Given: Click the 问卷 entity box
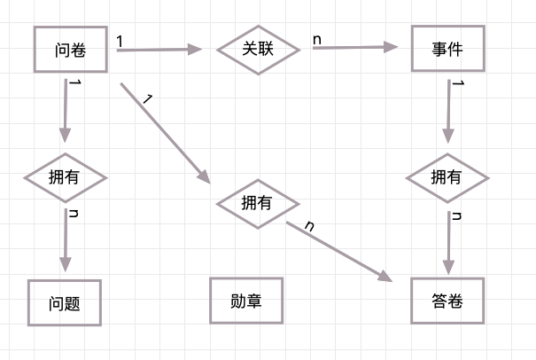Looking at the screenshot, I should coord(70,49).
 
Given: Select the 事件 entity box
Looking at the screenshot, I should coord(449,49).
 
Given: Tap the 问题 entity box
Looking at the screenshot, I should coord(65,302).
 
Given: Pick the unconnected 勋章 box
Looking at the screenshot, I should coord(245,301).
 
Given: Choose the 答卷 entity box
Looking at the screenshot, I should coord(449,301).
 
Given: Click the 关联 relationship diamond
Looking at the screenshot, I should coord(258,49).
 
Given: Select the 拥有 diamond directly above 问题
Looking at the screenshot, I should coord(65,176).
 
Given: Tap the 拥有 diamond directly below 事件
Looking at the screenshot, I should coord(447,176).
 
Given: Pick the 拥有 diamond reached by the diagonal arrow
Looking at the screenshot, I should coord(258,202).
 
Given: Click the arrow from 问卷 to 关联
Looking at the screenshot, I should coord(159,50).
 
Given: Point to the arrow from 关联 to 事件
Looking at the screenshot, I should coord(354,48).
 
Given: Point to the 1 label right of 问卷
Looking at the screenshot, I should coord(120,41).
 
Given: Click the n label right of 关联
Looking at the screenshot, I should coord(316,39).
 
